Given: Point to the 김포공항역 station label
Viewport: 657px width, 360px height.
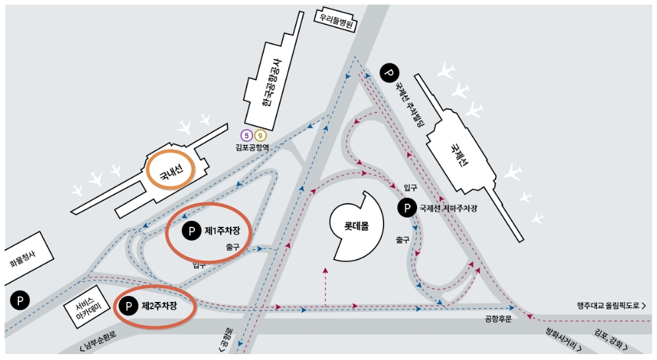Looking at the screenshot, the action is tap(252, 148).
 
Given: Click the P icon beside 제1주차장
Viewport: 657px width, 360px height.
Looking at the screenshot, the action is tap(191, 231).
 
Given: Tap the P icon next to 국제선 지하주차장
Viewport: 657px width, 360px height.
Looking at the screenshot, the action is tap(407, 208).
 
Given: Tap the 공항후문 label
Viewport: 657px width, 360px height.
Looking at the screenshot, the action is tap(498, 319).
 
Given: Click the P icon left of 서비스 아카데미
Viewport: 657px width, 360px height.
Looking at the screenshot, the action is tap(20, 301).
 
